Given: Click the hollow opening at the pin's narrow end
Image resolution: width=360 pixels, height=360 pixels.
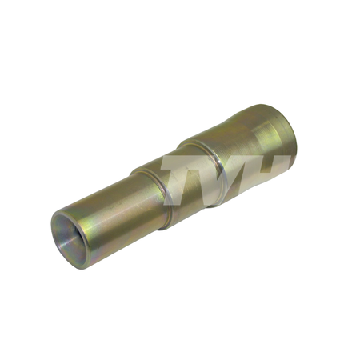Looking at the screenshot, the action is [70, 238].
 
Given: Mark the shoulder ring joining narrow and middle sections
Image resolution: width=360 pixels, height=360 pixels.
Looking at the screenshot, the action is [150, 198].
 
